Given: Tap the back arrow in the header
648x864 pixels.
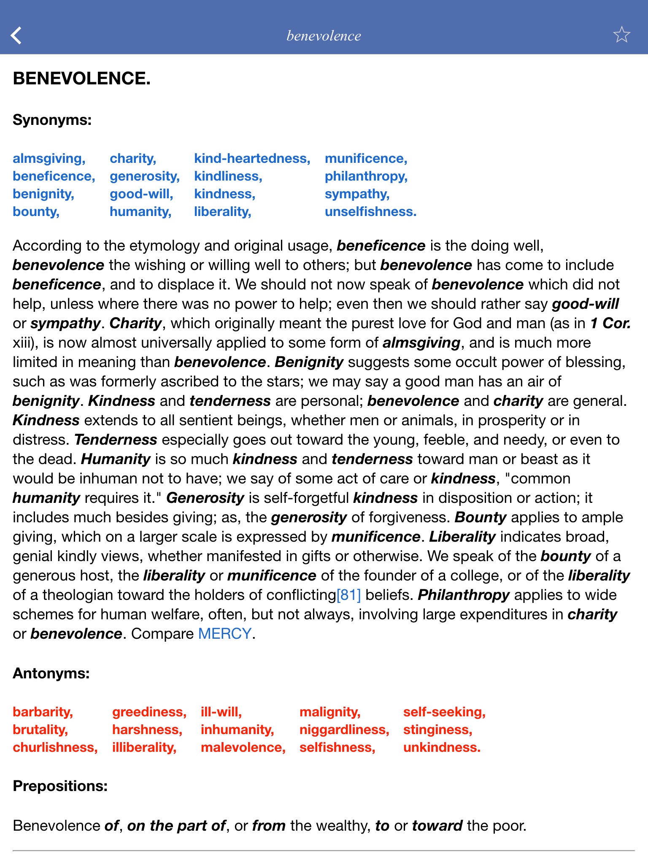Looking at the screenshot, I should (x=16, y=35).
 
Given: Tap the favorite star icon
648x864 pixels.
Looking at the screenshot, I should (x=621, y=35).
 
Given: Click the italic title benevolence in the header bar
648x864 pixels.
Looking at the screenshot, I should (x=324, y=36).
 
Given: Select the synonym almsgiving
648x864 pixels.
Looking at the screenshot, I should (x=49, y=159).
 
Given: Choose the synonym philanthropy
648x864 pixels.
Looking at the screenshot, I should (x=366, y=176).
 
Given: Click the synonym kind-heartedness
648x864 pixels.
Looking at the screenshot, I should (x=252, y=159).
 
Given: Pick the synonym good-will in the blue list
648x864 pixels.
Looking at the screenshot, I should (x=141, y=194).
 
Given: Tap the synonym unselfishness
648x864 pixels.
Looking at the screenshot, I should (x=370, y=212).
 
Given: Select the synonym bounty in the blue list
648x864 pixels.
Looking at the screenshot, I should (x=36, y=212).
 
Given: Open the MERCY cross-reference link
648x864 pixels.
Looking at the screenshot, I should (x=224, y=634).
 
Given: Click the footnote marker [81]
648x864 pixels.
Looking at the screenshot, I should (x=348, y=595).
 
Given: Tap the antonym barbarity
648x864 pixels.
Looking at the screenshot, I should (x=43, y=712).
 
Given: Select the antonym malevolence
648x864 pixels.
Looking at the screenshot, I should (x=243, y=748).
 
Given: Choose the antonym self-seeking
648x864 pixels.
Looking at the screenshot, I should (x=444, y=712).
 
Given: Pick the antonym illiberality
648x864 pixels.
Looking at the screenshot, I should (x=144, y=748).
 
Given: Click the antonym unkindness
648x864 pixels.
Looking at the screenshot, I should (x=442, y=748).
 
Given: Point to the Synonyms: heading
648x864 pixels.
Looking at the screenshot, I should (x=52, y=120).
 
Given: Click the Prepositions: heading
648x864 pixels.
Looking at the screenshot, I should (x=60, y=786).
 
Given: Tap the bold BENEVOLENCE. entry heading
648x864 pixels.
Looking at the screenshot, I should (x=82, y=79).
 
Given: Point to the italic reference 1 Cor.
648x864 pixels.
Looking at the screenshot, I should (x=610, y=323).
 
